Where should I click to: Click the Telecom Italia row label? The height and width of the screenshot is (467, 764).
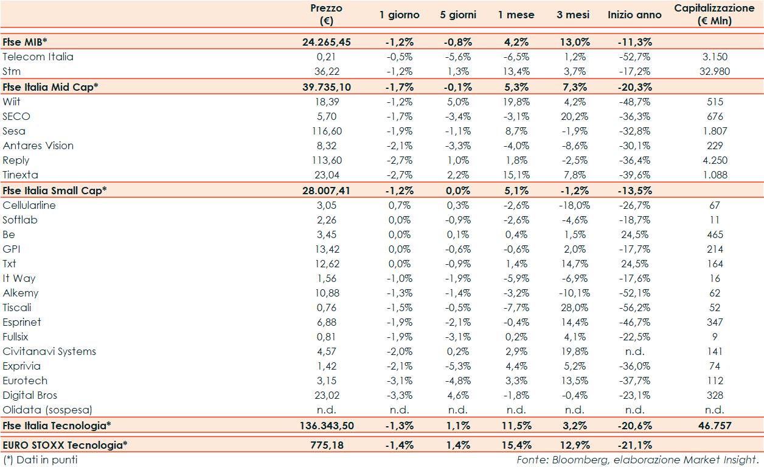[x=38, y=57]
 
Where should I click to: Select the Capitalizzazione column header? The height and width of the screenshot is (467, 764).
[x=715, y=15]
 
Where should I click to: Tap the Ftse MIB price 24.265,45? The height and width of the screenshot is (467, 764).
[x=327, y=42]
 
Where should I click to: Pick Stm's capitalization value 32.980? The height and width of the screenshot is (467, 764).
[x=715, y=71]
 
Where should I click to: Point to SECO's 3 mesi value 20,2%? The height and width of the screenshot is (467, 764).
[x=572, y=116]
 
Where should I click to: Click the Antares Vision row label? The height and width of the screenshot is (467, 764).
[x=38, y=146]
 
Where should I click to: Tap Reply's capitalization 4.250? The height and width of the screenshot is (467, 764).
[x=715, y=160]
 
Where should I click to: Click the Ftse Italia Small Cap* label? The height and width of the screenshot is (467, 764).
[x=55, y=190]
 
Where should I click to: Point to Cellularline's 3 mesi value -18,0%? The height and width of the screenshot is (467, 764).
[x=572, y=205]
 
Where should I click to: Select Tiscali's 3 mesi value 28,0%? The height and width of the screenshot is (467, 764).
[x=572, y=307]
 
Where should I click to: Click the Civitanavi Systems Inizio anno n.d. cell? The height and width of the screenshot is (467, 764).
[x=634, y=351]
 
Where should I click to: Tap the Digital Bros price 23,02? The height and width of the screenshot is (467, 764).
[x=327, y=395]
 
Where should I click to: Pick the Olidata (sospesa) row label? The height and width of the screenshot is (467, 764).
[x=48, y=410]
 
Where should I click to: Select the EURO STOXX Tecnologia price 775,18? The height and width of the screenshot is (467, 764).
[x=327, y=445]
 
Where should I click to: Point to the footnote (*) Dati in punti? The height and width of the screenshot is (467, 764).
[x=40, y=460]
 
